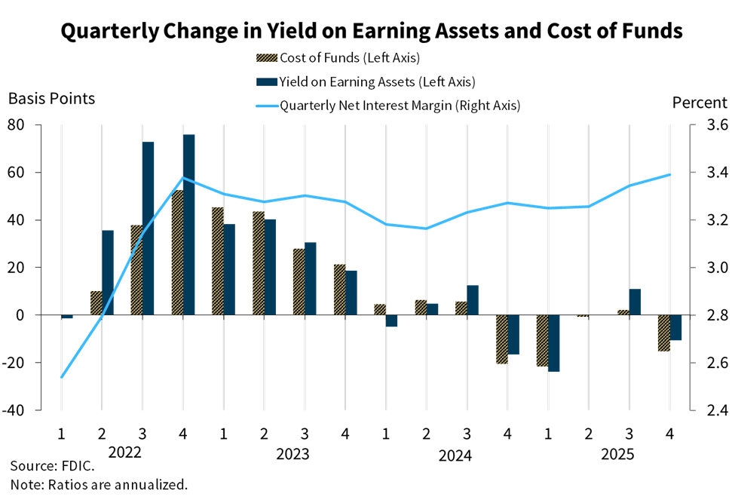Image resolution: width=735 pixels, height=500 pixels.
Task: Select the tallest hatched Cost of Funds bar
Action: [177, 253]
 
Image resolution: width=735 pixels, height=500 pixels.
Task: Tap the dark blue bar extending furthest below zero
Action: [554, 343]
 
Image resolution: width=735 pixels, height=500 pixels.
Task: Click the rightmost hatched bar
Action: [663, 333]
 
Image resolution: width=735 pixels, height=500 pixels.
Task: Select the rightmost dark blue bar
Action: [676, 328]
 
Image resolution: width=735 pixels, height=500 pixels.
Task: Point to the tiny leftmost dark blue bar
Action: [68, 317]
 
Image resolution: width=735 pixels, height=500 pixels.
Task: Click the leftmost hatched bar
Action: [96, 302]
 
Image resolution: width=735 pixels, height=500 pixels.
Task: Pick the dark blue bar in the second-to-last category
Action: [635, 302]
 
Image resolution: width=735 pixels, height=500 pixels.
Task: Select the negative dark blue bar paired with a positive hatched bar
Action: [392, 321]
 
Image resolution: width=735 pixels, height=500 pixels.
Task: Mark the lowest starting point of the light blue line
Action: [61, 377]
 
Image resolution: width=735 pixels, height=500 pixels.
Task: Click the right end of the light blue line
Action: [670, 174]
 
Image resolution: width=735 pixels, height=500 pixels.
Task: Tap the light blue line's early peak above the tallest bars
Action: [183, 178]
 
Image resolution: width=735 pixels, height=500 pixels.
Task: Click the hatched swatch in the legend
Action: [267, 58]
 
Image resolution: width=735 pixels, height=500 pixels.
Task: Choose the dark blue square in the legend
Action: [267, 81]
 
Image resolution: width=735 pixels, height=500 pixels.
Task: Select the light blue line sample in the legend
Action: [267, 106]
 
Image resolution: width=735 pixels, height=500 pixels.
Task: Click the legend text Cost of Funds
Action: [349, 58]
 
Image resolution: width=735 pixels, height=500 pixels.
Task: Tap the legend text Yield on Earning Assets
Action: [377, 81]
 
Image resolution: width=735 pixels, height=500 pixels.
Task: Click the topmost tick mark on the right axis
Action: [693, 124]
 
